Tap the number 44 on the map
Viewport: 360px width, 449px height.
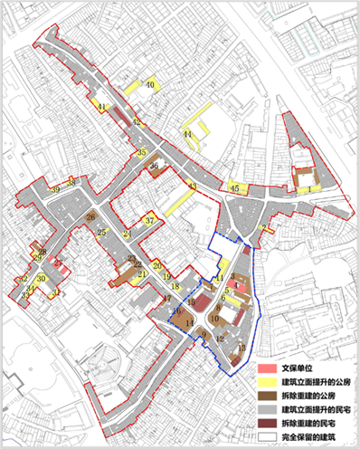point(187,134)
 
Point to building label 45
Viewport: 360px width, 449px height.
point(234,187)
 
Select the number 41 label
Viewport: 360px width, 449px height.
point(103,108)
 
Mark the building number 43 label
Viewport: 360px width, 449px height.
point(192,186)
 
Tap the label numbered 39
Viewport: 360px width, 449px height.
point(56,189)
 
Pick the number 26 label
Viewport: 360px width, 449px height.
point(90,217)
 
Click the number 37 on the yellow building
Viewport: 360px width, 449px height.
point(150,219)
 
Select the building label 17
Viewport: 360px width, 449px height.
point(166,299)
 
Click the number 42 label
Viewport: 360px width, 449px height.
point(137,121)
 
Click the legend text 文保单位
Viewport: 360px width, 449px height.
point(298,369)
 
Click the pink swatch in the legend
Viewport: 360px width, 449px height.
point(266,369)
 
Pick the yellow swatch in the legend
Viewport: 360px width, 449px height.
point(266,383)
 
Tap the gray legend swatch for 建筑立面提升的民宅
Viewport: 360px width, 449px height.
point(266,411)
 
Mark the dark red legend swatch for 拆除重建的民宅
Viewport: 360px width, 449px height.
point(266,425)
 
